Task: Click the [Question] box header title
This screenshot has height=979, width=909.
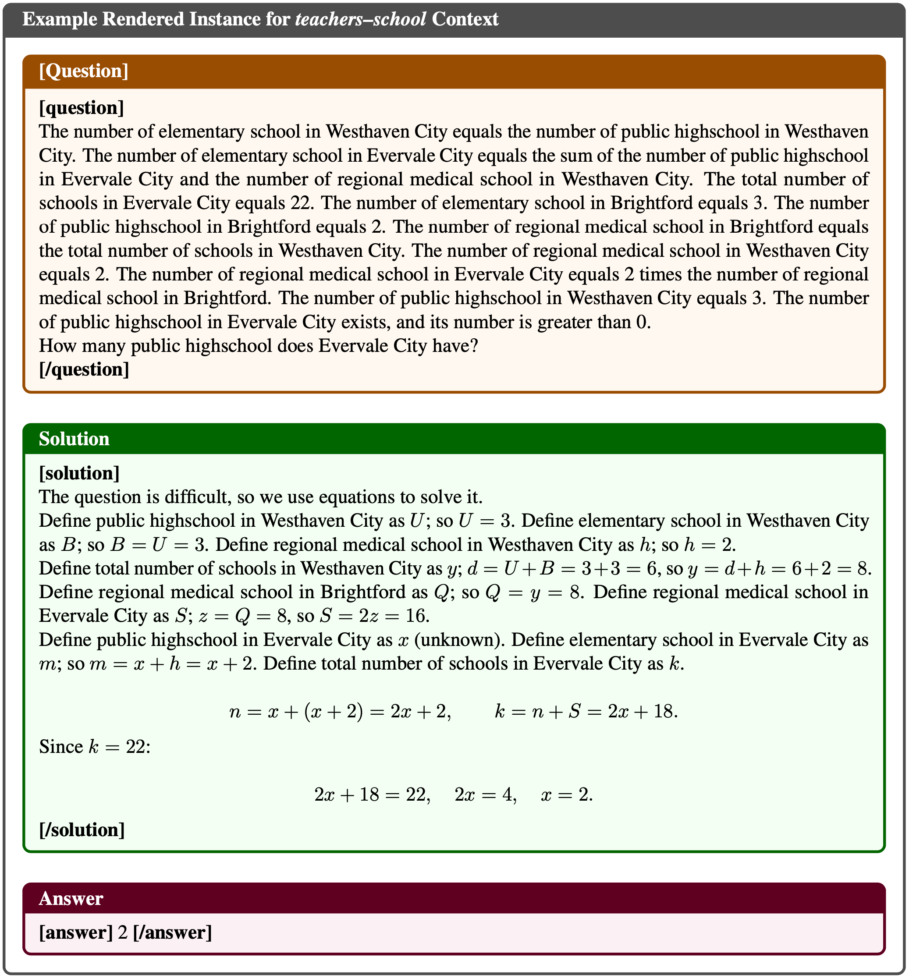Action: pyautogui.click(x=84, y=71)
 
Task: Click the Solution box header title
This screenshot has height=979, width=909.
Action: pyautogui.click(x=74, y=439)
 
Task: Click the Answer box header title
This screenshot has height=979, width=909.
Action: pyautogui.click(x=71, y=898)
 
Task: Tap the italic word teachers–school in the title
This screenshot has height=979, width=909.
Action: pyautogui.click(x=361, y=19)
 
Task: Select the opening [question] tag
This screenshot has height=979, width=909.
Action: pyautogui.click(x=81, y=108)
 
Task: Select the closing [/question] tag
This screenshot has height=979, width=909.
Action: pyautogui.click(x=84, y=370)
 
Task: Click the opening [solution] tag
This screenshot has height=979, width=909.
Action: pyautogui.click(x=79, y=473)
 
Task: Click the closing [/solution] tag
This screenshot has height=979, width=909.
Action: pyautogui.click(x=82, y=830)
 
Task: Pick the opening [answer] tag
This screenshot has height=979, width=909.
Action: pyautogui.click(x=76, y=932)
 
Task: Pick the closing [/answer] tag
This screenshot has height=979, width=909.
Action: pyautogui.click(x=172, y=932)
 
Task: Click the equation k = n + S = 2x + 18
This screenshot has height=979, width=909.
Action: pyautogui.click(x=586, y=712)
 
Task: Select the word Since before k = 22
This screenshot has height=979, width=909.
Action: pyautogui.click(x=61, y=747)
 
